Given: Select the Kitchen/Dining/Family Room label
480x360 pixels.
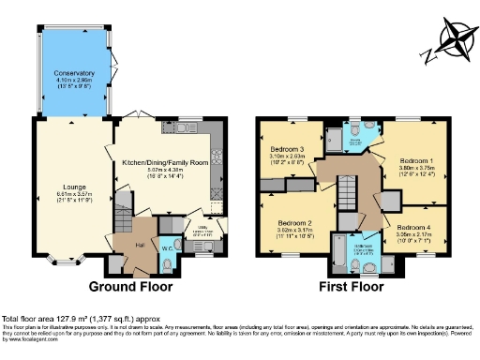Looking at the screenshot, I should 165,161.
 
